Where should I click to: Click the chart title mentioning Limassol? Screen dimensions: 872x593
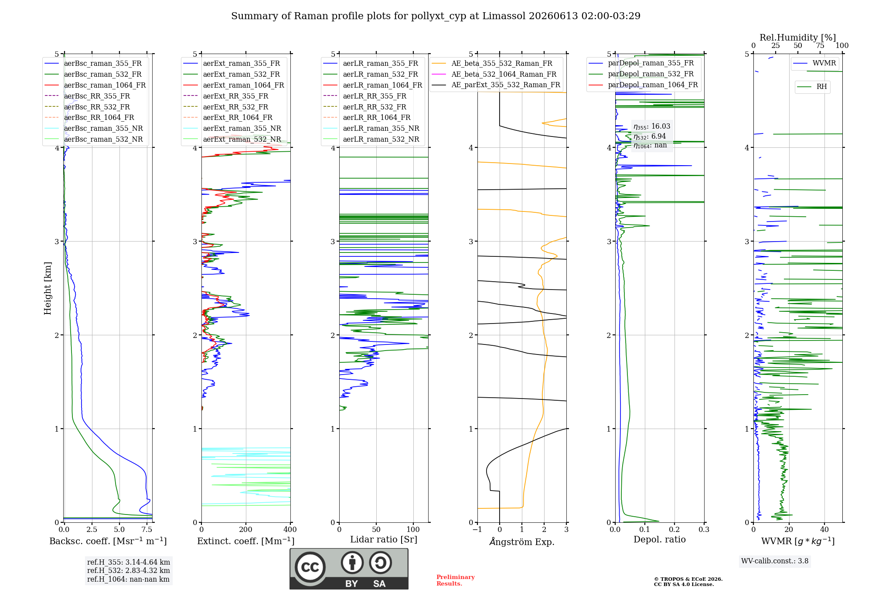436,16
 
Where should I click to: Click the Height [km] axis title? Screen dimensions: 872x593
48,288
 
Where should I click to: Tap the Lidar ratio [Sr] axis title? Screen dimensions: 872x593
384,539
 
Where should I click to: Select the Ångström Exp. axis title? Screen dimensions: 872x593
522,542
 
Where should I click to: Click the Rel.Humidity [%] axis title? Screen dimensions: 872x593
798,37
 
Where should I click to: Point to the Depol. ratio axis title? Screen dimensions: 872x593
660,539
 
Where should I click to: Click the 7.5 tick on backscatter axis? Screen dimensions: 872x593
147,529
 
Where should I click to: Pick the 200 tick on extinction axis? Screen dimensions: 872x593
246,529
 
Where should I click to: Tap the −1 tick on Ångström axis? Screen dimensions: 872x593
477,529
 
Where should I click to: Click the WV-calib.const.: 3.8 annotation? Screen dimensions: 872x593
775,561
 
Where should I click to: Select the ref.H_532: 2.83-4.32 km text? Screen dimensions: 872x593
129,570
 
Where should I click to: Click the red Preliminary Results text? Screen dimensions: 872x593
456,580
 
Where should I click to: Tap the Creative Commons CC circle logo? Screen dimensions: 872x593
310,567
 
